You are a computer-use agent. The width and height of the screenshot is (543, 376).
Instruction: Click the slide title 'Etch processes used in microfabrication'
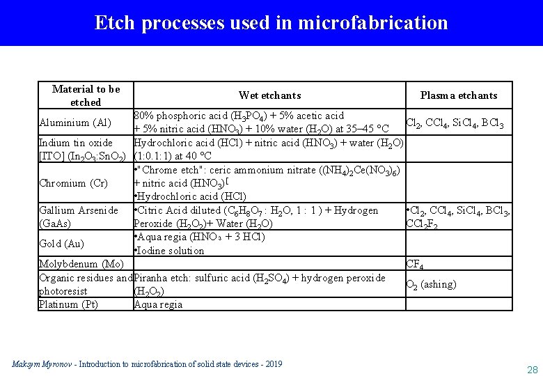tap(271, 22)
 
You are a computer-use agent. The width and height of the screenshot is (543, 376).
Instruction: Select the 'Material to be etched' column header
tap(86, 95)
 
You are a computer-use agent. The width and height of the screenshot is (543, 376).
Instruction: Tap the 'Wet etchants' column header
tap(269, 95)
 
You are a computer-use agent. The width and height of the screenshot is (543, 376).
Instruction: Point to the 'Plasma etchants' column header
tap(458, 95)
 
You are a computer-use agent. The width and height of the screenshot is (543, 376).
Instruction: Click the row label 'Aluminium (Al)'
tap(76, 123)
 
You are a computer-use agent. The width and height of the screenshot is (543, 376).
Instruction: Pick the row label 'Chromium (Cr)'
tap(73, 183)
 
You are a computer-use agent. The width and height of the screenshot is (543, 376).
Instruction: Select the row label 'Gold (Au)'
tap(62, 244)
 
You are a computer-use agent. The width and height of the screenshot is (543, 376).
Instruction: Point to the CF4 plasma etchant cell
tap(415, 265)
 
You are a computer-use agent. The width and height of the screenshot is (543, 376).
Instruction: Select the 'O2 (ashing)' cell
tap(431, 284)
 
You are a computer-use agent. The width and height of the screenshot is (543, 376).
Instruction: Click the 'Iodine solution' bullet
tap(171, 251)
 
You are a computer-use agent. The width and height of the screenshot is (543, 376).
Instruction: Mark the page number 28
tap(533, 369)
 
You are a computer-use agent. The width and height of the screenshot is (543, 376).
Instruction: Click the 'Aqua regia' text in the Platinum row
tap(158, 304)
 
